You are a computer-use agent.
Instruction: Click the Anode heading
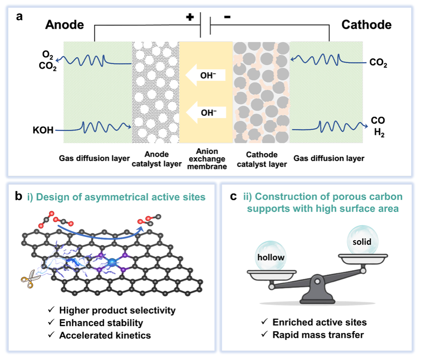64,25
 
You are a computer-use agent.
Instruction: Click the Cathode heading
366,25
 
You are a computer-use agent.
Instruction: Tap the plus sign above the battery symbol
190,17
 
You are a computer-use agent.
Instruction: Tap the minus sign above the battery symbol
227,17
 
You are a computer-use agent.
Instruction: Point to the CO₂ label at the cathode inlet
377,64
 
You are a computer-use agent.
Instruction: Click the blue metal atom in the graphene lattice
111,260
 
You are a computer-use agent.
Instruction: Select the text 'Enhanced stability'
101,323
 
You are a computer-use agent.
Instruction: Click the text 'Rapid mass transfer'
318,335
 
